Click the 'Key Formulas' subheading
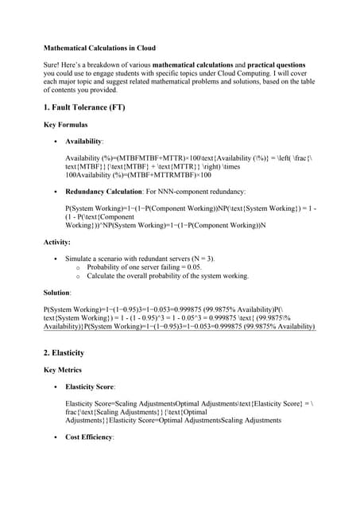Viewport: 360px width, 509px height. pos(65,125)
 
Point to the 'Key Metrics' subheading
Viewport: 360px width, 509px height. pos(64,370)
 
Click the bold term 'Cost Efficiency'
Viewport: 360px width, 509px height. pos(89,437)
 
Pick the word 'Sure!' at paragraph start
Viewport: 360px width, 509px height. pos(53,64)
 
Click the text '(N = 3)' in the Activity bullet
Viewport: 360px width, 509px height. pos(201,258)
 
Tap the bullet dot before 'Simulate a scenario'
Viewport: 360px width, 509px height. pos(55,259)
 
